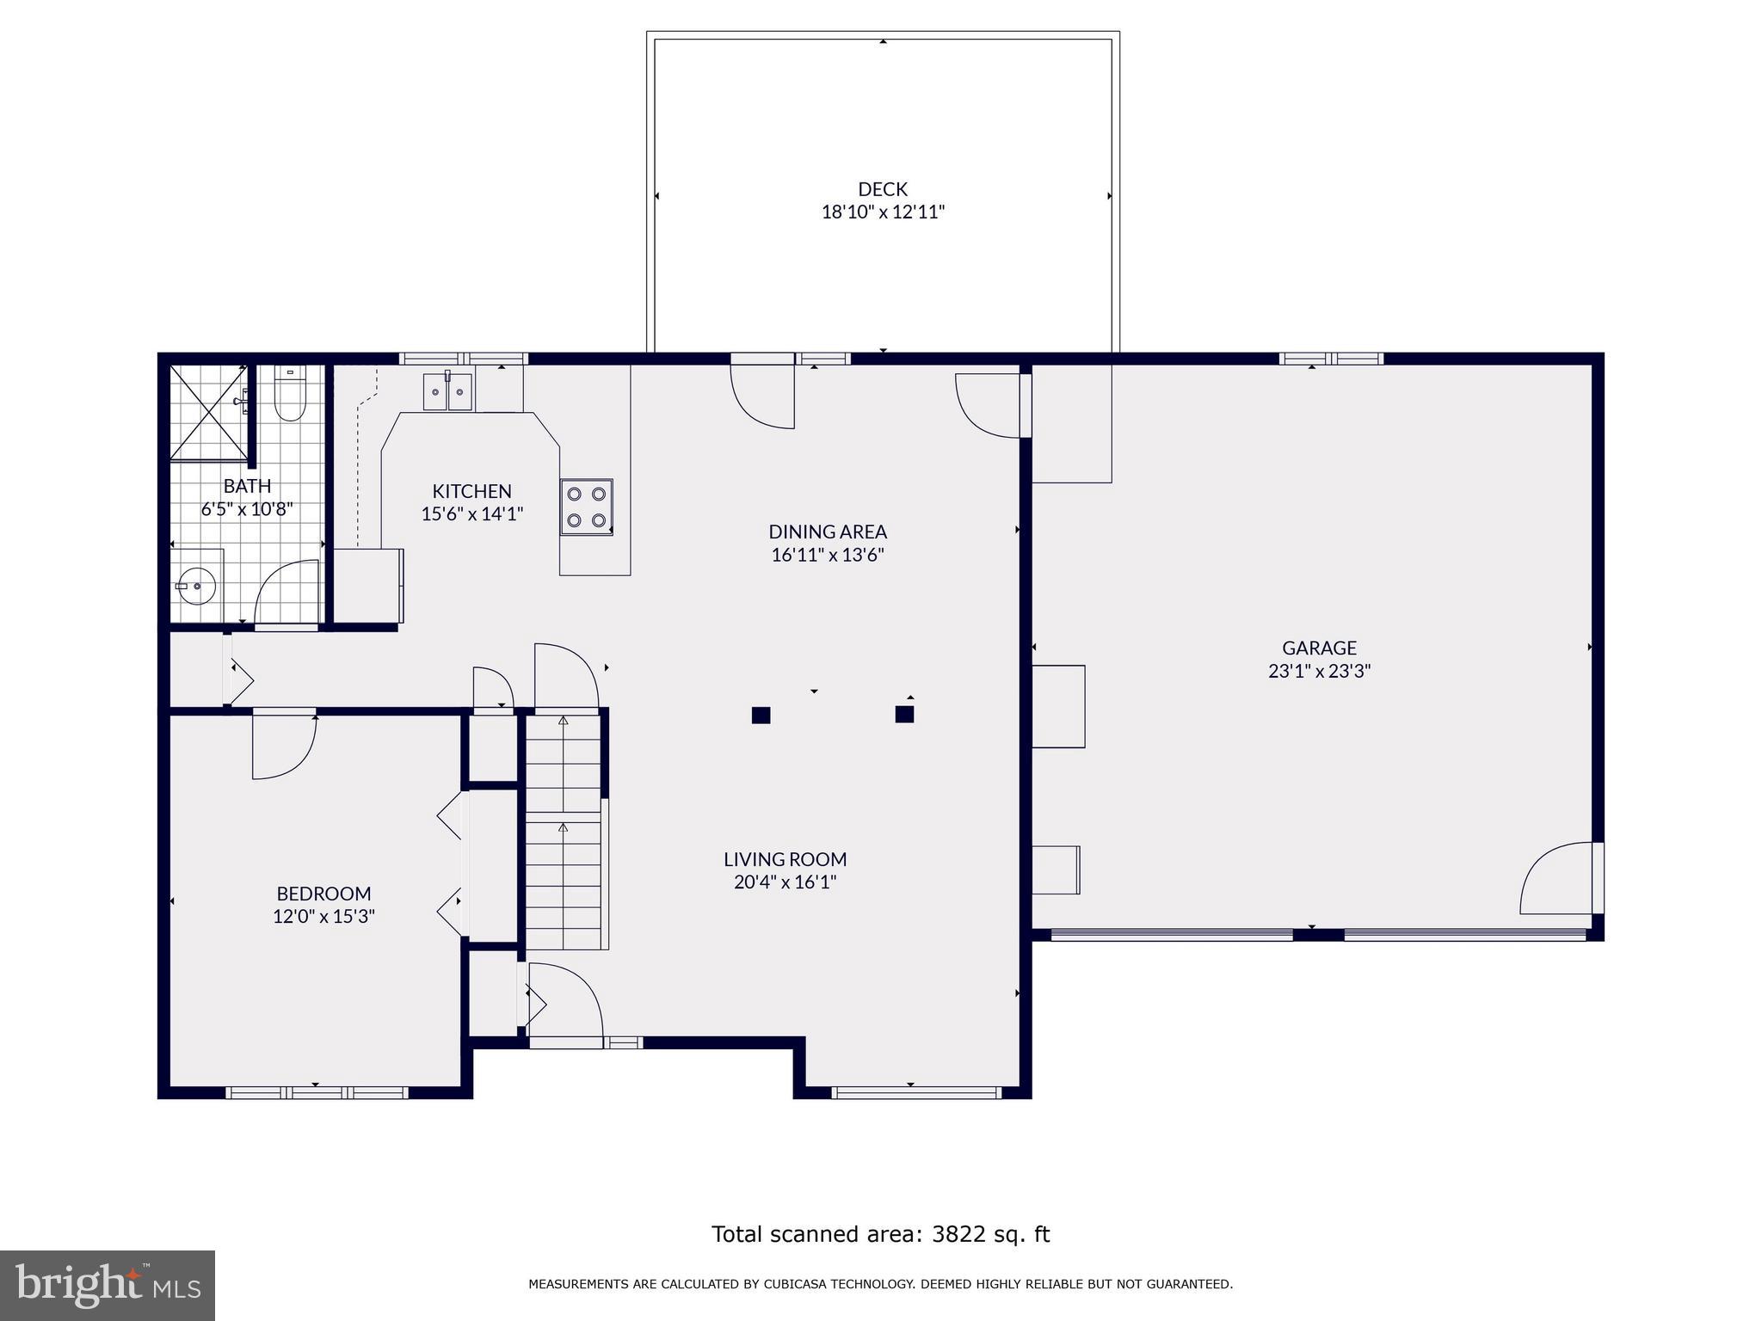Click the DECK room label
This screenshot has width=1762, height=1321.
click(882, 189)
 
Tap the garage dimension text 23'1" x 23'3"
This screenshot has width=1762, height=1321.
click(1318, 671)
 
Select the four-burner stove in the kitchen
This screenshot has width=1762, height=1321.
click(586, 507)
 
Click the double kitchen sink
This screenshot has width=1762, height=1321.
click(447, 392)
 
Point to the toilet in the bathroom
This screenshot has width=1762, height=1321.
click(289, 396)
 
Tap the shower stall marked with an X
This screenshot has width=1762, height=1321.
click(208, 412)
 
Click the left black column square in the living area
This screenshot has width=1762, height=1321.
click(761, 715)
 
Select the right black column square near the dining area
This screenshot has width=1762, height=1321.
click(903, 714)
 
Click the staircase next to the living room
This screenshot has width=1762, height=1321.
click(564, 830)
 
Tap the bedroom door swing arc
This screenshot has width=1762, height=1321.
click(284, 747)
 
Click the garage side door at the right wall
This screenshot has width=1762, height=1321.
click(1559, 879)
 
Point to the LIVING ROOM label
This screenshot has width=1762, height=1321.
click(785, 859)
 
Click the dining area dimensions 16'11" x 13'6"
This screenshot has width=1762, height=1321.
click(827, 555)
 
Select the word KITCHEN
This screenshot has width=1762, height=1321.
click(471, 491)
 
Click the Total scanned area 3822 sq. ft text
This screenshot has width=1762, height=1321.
click(880, 1234)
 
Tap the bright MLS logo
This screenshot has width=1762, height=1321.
click(108, 1286)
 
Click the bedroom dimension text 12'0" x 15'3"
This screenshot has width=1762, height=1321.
click(323, 917)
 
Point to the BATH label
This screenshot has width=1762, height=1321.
click(247, 486)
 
